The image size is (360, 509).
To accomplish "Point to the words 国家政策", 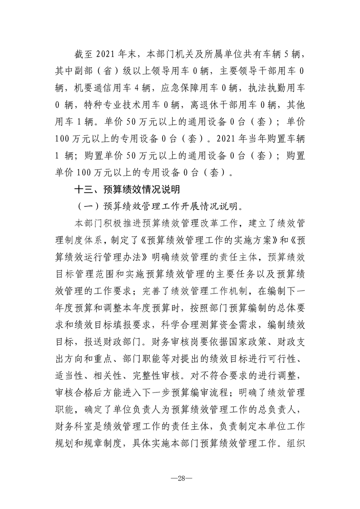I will point(242,340).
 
